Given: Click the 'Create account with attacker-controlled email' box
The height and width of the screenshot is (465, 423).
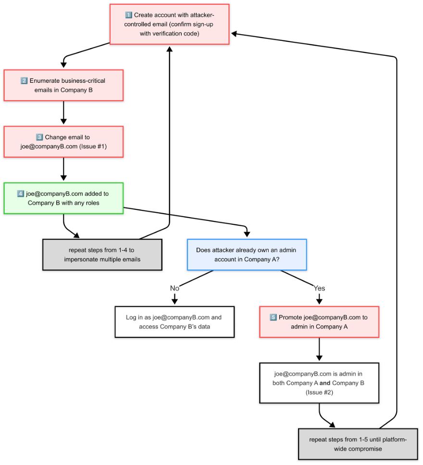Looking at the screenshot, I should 169,25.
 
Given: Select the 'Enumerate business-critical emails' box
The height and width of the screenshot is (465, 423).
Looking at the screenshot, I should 63,85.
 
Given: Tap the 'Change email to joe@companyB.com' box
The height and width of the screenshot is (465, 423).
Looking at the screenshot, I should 63,142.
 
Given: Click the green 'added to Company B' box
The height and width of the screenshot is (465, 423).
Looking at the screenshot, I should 63,198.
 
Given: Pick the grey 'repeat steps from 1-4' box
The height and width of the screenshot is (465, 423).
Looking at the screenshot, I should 102,255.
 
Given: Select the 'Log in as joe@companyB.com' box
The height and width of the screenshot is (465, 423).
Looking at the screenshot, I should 174,322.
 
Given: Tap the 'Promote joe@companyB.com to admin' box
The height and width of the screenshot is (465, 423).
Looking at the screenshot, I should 319,322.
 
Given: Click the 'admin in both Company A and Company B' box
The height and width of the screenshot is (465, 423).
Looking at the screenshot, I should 319,383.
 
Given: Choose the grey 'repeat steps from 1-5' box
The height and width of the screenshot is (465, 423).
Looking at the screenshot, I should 358,444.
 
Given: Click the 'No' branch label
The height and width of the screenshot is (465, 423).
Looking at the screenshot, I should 174,288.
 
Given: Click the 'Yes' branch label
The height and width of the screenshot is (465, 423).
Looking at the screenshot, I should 319,288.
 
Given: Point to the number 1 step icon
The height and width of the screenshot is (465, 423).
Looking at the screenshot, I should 128,15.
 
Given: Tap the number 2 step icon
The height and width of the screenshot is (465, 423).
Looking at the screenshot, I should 24,80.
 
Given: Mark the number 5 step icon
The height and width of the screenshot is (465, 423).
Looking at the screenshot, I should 273,318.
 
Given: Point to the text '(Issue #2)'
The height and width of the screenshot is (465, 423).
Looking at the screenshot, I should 319,392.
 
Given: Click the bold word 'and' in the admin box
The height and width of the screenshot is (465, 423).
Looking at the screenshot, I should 325,383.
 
